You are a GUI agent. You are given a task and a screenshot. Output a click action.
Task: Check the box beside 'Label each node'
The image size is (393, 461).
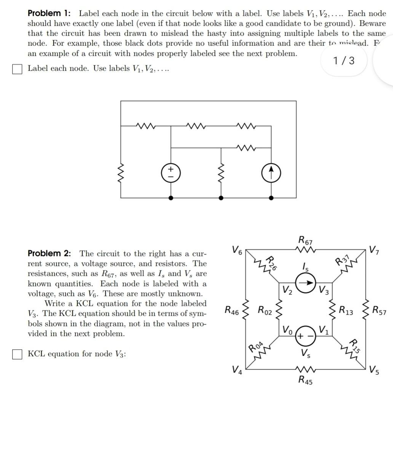tap(17, 69)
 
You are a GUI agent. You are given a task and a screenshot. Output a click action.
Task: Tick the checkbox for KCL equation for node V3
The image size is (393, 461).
tap(17, 354)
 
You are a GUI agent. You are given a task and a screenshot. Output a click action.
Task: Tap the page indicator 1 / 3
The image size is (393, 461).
tap(343, 60)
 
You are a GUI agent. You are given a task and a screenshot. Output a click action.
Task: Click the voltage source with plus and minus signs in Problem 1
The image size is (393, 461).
tap(171, 173)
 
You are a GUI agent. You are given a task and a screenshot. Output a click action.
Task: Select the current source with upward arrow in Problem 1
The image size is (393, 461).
tap(271, 173)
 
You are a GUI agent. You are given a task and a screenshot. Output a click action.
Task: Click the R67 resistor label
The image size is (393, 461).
tap(305, 240)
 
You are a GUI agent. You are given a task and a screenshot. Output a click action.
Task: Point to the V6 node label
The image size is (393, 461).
tap(236, 250)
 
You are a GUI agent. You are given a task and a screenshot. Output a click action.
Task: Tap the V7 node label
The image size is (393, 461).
tap(374, 250)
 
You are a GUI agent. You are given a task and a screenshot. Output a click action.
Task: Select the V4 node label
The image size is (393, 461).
tap(236, 369)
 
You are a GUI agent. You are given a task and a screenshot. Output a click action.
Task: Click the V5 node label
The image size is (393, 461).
tap(374, 369)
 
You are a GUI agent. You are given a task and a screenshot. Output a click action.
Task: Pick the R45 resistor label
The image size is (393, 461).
tap(305, 380)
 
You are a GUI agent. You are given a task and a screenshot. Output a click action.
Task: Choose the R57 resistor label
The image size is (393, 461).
tap(380, 311)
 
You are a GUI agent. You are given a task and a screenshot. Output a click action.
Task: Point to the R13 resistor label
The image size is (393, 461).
tap(346, 310)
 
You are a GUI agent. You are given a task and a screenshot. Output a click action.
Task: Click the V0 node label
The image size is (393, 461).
tap(288, 329)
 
